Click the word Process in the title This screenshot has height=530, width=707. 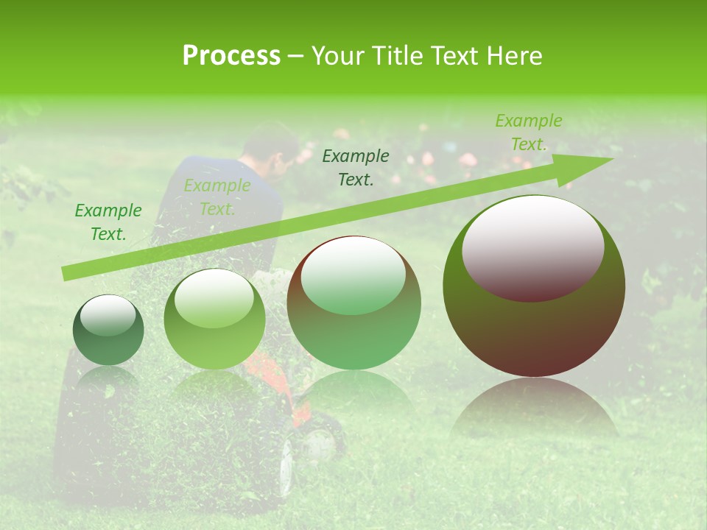pyautogui.click(x=231, y=56)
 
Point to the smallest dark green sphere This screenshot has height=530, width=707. pyautogui.click(x=108, y=331)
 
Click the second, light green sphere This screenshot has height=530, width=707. pyautogui.click(x=214, y=319)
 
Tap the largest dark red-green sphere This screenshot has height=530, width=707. pyautogui.click(x=534, y=286)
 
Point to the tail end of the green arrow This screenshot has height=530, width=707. pyautogui.click(x=68, y=273)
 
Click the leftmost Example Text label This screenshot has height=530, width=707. pyautogui.click(x=108, y=222)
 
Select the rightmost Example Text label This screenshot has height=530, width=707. pyautogui.click(x=528, y=132)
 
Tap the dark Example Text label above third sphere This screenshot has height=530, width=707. pyautogui.click(x=356, y=167)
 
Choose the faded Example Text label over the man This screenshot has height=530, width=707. pyautogui.click(x=217, y=197)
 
